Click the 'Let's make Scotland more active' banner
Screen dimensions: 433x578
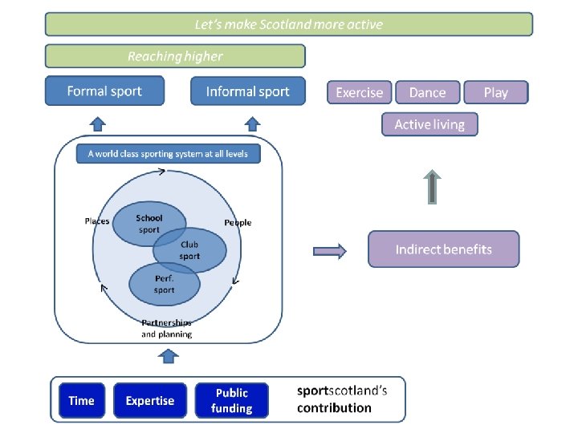pos(288,24)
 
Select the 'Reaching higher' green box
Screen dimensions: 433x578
pos(175,56)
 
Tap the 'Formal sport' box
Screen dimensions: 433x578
pos(104,91)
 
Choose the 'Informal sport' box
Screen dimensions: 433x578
pos(248,91)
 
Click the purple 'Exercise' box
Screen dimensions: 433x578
pos(359,92)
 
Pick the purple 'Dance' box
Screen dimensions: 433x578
pos(427,92)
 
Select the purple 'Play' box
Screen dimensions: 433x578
pos(495,92)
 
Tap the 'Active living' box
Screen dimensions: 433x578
pos(429,124)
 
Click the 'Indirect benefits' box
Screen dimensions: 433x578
pos(443,249)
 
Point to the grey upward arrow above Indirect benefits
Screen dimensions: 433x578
pos(432,186)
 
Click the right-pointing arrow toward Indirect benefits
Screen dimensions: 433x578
pos(329,251)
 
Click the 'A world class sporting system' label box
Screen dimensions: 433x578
pos(169,154)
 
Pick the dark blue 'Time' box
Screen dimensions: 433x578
pos(81,400)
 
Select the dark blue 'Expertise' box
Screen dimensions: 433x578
pos(150,400)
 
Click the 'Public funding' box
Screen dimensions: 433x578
pos(231,400)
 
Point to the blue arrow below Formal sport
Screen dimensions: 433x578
pos(97,123)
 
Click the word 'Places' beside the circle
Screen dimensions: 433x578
pos(97,221)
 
